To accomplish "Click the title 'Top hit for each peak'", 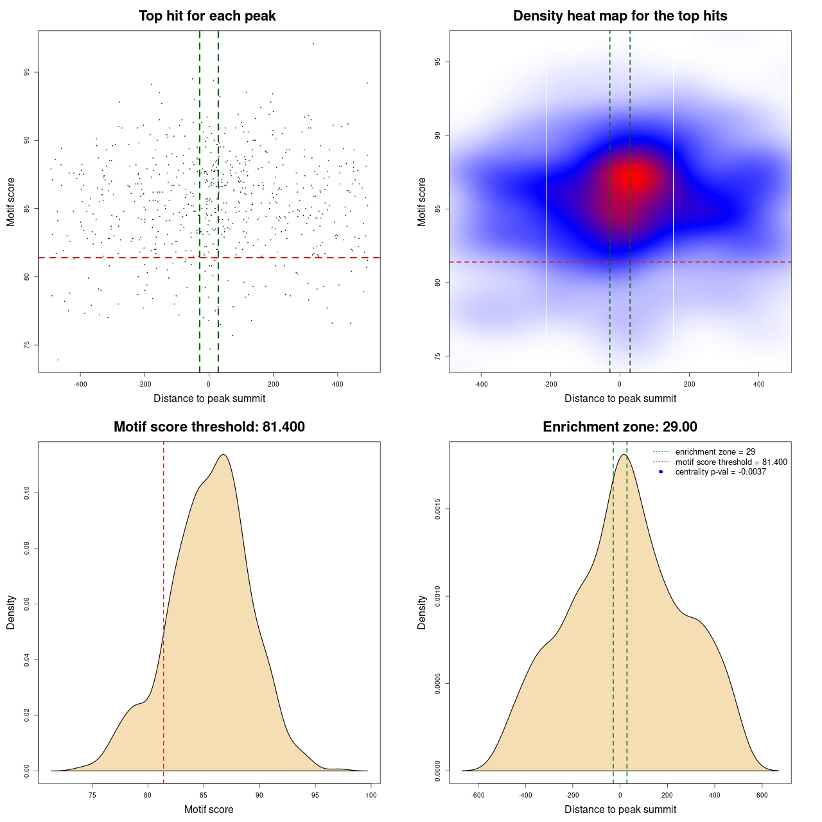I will point(207,16).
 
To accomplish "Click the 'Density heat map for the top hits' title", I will point(620,16).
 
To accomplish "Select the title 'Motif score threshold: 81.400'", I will point(209,427).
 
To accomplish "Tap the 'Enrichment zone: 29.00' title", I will point(620,427).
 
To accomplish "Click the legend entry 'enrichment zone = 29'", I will point(715,452).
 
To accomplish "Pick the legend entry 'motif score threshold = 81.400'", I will point(731,462).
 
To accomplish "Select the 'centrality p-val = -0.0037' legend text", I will point(721,472).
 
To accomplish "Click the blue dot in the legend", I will point(661,472).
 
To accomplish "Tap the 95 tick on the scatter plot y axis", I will point(27,72).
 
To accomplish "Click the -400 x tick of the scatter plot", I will point(80,384).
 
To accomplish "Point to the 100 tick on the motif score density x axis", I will point(371,795).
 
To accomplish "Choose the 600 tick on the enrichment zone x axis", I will point(762,795).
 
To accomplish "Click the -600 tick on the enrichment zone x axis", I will point(478,795).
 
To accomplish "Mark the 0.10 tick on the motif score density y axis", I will point(27,493).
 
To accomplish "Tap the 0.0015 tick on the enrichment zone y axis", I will point(438,509).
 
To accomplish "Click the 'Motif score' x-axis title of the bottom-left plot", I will point(209,809).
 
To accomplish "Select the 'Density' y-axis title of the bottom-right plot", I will point(422,612).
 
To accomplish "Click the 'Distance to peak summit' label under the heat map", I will point(620,398).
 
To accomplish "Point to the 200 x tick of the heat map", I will point(689,384).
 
